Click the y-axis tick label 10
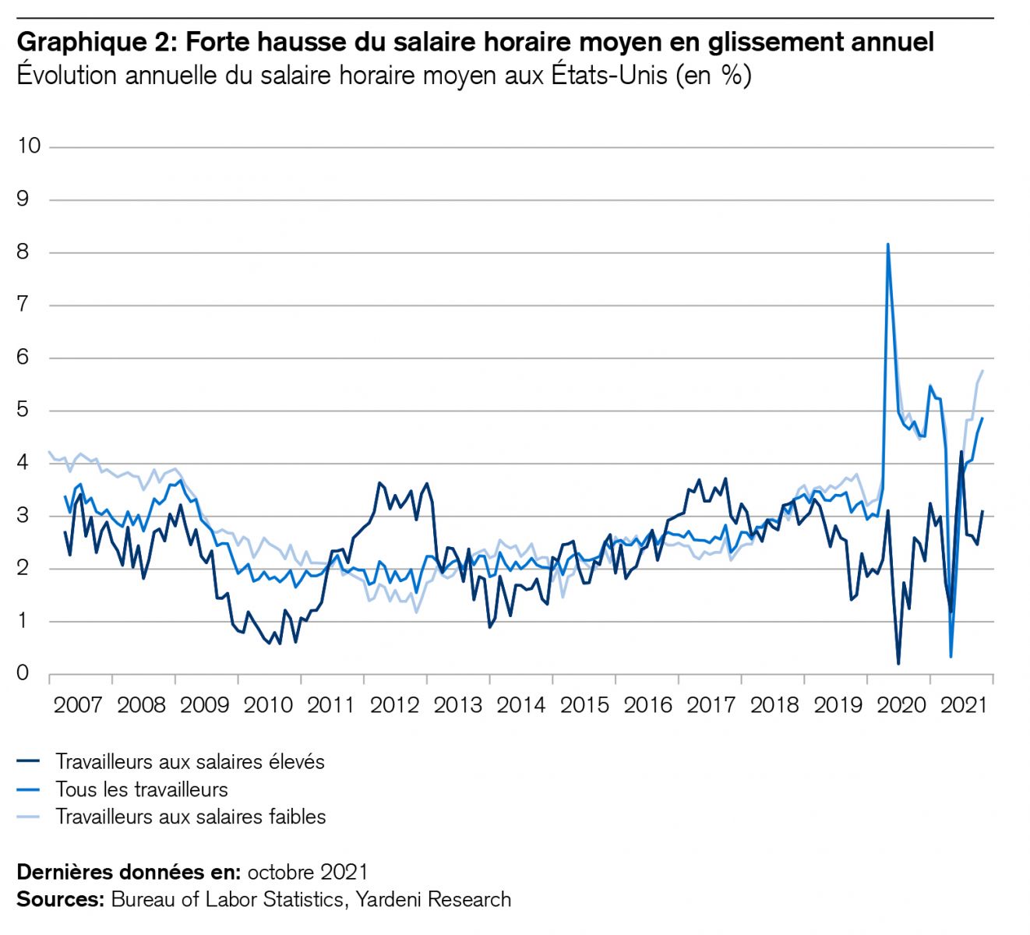(28, 146)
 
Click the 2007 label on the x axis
(78, 705)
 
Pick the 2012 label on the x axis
(394, 705)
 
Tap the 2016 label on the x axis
(647, 705)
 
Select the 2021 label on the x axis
(964, 705)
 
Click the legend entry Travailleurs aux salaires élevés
(189, 761)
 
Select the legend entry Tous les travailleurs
(141, 789)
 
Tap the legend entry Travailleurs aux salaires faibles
(190, 817)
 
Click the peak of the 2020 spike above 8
(888, 245)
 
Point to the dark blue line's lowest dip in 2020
(898, 664)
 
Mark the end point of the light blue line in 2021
(982, 371)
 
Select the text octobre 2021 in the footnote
(308, 871)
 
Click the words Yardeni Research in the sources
(433, 899)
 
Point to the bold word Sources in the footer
(60, 899)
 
